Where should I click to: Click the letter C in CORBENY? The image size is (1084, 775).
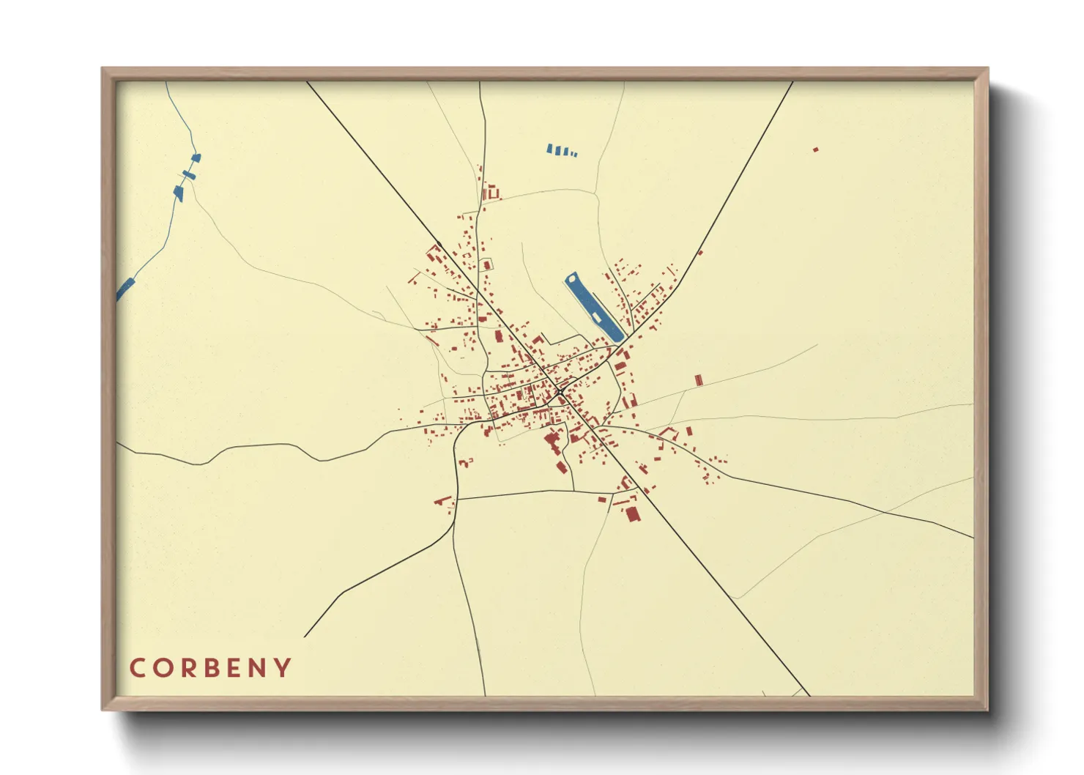[137, 668]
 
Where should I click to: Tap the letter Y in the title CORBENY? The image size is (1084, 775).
[283, 668]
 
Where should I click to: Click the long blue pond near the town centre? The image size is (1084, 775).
[593, 308]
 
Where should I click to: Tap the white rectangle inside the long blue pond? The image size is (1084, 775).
[597, 316]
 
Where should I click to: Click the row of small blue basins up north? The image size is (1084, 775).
[562, 151]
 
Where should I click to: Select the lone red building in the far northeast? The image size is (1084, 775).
[815, 149]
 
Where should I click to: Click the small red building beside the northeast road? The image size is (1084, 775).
[700, 253]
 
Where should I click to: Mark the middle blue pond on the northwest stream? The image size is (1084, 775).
[189, 175]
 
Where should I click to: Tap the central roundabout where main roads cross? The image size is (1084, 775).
[560, 393]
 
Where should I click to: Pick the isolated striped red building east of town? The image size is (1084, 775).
[698, 379]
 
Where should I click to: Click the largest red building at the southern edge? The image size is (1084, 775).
[633, 513]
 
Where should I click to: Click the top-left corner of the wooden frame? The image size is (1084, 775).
[103, 69]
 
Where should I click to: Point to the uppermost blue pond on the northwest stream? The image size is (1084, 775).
[196, 157]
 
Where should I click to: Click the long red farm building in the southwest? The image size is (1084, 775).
[442, 501]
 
